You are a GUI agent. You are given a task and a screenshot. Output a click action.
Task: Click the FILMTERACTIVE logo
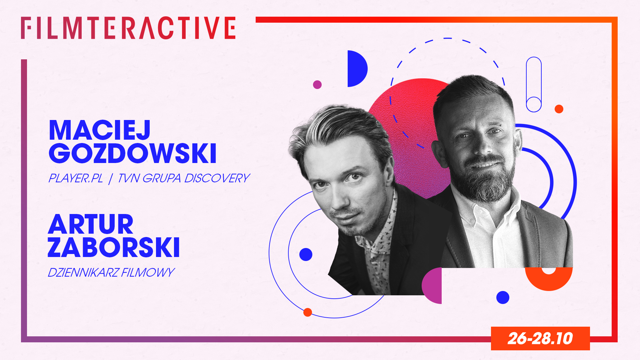tap(128, 28)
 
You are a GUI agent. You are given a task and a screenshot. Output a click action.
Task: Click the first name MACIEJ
tap(100, 130)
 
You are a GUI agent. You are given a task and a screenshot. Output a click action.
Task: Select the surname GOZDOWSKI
tap(133, 153)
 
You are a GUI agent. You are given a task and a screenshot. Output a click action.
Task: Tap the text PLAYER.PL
tap(76, 178)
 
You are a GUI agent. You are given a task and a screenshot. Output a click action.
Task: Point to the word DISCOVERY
tap(217, 178)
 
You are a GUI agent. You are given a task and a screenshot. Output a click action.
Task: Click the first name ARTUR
tap(91, 225)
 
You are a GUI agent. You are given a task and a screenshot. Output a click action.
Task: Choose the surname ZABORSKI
tap(114, 247)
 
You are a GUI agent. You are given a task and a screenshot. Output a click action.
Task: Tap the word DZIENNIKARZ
tap(83, 273)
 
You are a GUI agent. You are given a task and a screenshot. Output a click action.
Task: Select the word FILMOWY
tap(148, 273)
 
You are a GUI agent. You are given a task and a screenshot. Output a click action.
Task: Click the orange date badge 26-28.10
tap(540, 338)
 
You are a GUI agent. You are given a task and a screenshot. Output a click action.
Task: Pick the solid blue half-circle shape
tap(357, 69)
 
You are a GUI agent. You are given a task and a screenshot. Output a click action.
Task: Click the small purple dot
tap(317, 85)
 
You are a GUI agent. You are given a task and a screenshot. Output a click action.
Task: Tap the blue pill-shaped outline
tap(534, 84)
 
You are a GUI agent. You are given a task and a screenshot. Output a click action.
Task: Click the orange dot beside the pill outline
tap(559, 109)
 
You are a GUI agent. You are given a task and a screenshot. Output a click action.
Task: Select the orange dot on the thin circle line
tap(308, 312)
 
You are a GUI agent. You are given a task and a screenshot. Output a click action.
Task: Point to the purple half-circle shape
tap(432, 286)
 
